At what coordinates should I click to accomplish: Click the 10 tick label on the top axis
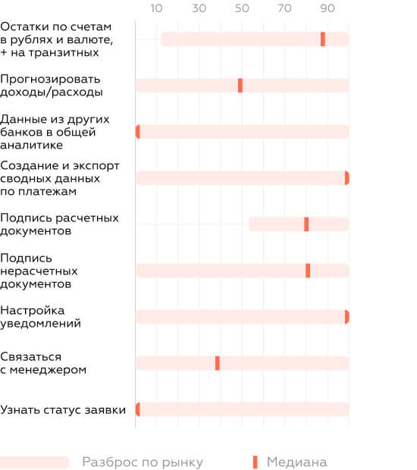(156, 8)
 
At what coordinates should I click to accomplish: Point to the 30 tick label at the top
(199, 8)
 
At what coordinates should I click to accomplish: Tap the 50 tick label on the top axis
(242, 8)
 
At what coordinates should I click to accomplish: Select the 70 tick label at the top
(284, 8)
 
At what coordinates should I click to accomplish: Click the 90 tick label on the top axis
(328, 8)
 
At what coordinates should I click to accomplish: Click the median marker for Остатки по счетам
(323, 39)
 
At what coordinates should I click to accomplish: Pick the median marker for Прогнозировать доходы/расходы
(240, 86)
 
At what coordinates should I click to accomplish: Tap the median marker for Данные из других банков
(137, 132)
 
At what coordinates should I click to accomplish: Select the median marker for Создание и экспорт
(346, 178)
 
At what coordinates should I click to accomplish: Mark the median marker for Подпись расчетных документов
(306, 224)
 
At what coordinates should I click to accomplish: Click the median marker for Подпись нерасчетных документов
(308, 271)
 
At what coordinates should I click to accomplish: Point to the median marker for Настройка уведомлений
(346, 317)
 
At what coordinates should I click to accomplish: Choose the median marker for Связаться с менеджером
(218, 363)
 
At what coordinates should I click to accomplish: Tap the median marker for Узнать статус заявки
(137, 409)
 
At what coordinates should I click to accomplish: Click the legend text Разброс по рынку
(143, 462)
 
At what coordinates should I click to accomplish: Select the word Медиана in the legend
(296, 462)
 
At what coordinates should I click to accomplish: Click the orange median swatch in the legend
(255, 462)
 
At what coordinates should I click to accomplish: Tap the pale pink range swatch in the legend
(34, 462)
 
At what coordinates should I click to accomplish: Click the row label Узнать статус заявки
(63, 410)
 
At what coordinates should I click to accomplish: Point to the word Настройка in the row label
(33, 311)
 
